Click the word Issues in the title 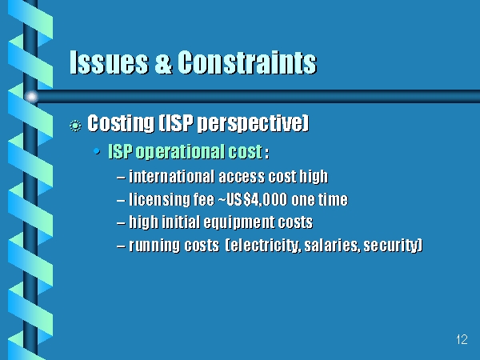(109, 62)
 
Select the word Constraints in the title (246, 62)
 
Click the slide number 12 (462, 339)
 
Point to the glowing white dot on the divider (31, 97)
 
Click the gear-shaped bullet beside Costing (75, 126)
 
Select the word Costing (121, 123)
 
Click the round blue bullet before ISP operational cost (97, 151)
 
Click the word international (171, 177)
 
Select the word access (242, 177)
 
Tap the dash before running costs (121, 246)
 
